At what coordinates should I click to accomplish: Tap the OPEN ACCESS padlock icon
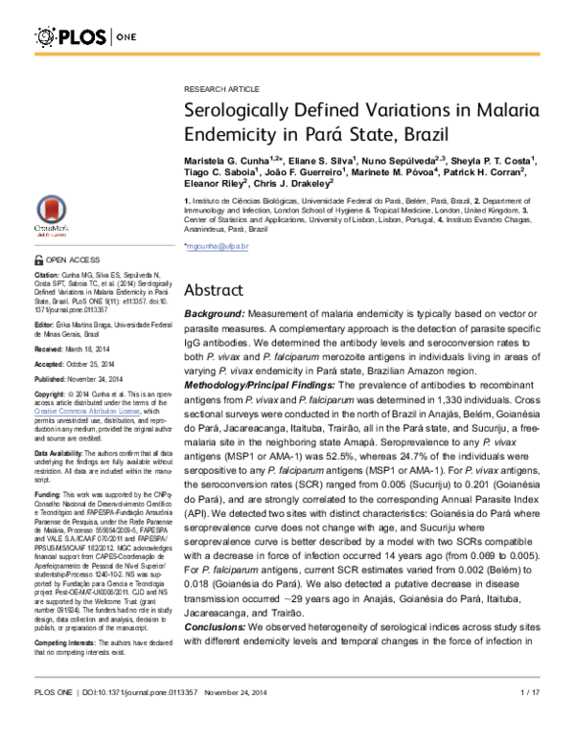[38, 259]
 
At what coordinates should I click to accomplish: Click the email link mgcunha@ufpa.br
[217, 247]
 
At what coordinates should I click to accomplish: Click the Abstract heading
[218, 290]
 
